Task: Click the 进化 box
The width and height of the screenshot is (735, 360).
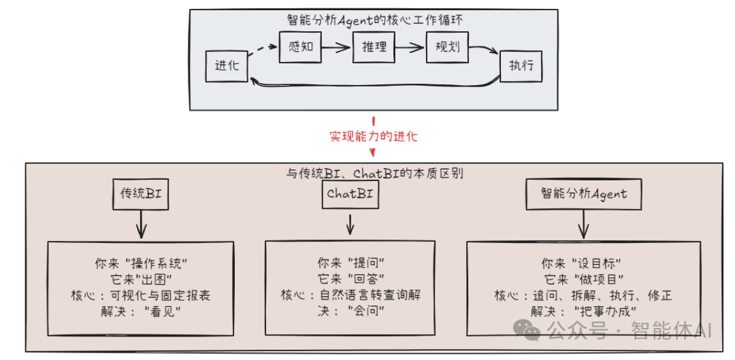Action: click(227, 66)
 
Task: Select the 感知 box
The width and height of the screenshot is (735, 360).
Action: click(300, 48)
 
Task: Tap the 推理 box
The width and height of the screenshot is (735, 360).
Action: click(374, 48)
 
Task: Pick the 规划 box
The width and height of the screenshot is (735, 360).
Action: click(447, 48)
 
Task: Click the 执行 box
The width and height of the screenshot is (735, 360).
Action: click(521, 67)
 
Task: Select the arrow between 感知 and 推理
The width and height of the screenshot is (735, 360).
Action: click(337, 48)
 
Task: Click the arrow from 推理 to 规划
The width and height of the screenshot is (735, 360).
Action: click(410, 48)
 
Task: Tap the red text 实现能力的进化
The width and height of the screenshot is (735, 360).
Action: click(374, 136)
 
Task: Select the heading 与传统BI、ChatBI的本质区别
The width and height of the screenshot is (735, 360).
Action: click(374, 173)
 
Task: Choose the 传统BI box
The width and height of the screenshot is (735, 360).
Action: click(140, 194)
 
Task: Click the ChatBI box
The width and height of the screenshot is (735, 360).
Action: click(350, 194)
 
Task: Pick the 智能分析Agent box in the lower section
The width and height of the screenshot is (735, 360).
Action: click(584, 194)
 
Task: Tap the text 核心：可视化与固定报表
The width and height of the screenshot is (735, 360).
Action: click(140, 295)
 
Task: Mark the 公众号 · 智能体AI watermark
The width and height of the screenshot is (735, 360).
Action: click(612, 331)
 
